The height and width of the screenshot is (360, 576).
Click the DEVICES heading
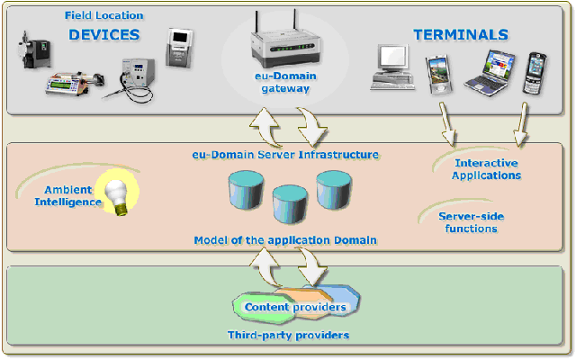click(104, 34)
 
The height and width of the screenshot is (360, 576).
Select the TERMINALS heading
click(461, 34)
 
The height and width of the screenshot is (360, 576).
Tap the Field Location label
click(104, 15)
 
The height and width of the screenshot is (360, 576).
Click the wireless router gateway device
click(285, 41)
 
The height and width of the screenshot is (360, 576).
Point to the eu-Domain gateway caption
click(285, 82)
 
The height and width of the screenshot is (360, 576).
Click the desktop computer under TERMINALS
click(392, 67)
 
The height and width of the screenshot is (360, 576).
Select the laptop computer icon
click(489, 74)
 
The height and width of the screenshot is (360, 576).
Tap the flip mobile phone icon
click(534, 73)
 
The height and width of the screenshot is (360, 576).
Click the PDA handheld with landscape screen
click(439, 75)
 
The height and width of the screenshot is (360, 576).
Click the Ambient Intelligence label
click(68, 196)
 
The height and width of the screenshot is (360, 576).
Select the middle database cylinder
click(290, 204)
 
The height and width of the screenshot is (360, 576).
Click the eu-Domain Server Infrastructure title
click(285, 155)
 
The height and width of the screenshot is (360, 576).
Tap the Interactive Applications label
click(486, 169)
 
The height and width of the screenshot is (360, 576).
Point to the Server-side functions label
click(471, 222)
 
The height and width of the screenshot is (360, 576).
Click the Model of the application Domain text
click(285, 240)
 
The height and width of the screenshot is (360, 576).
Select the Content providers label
click(295, 307)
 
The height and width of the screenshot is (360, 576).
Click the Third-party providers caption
click(288, 335)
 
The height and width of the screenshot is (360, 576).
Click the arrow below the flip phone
click(521, 125)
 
